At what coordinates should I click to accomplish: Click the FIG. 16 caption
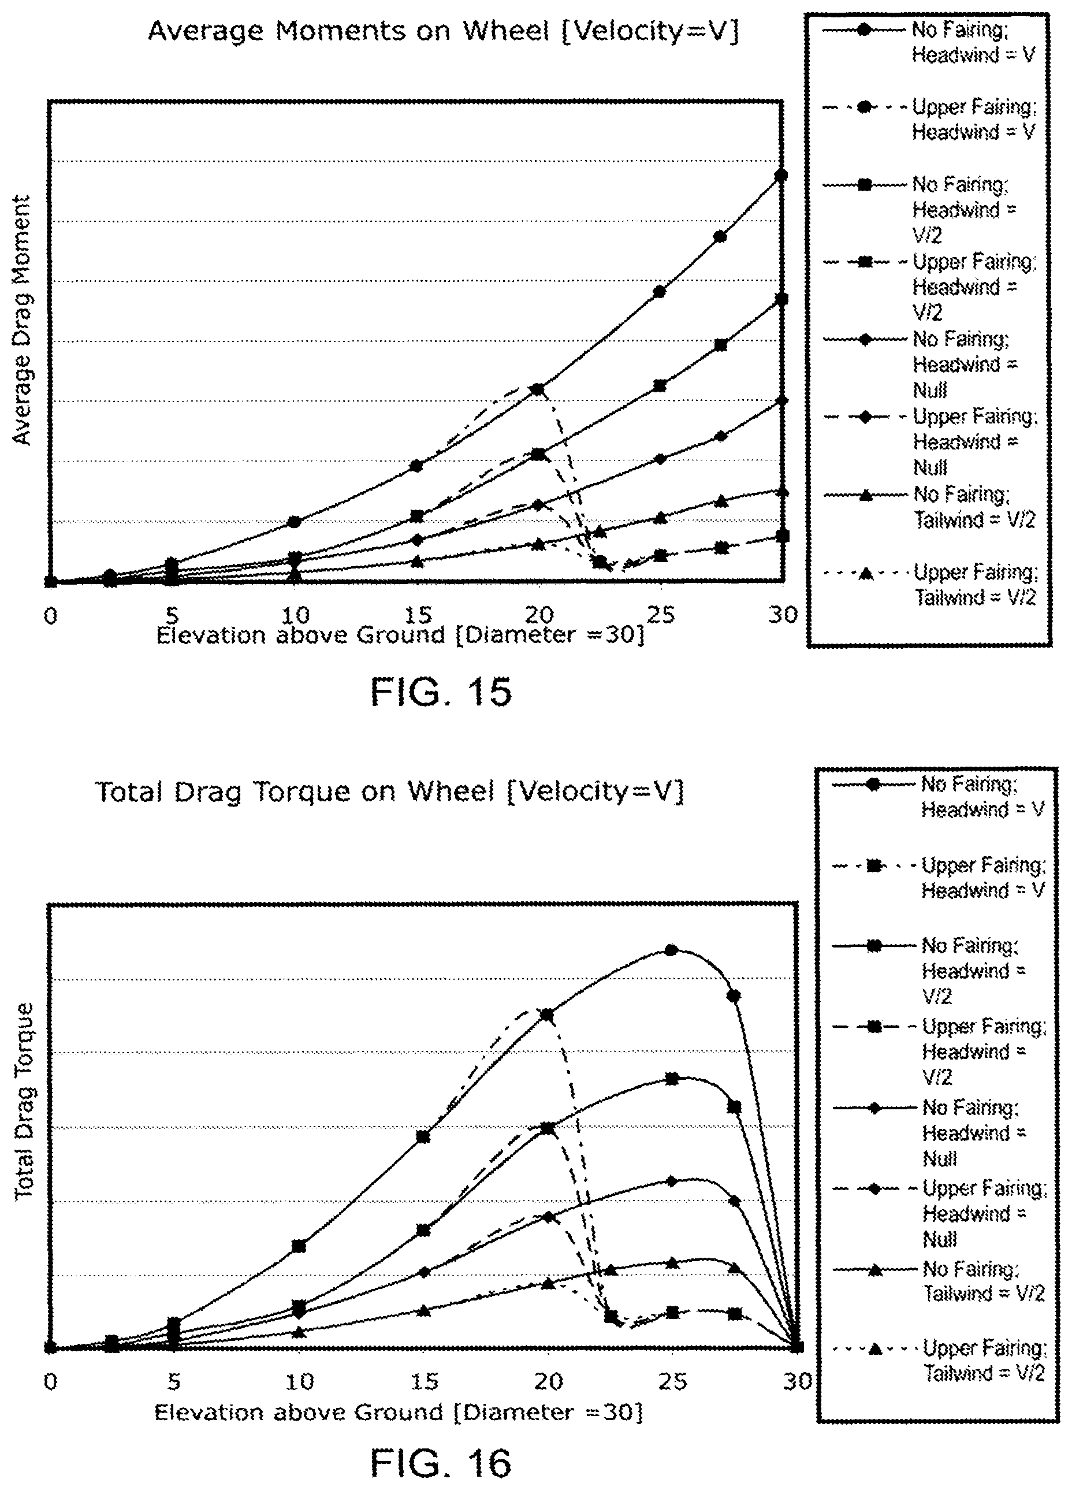pos(441,1462)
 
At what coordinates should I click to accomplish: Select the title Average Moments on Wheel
pos(349,31)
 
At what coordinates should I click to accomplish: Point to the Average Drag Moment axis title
pos(22,320)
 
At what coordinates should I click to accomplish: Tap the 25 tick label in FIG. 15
pos(660,614)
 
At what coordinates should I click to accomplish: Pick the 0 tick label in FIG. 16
pos(51,1381)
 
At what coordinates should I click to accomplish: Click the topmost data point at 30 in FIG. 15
pos(781,174)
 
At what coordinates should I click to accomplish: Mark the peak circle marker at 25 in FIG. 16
pos(671,950)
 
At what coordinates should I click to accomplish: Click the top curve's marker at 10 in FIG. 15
pos(294,522)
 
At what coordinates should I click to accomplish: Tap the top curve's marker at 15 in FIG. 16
pos(424,1136)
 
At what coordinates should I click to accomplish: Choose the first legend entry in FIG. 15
pos(928,42)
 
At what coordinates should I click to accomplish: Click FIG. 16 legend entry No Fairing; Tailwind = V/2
pos(938,1281)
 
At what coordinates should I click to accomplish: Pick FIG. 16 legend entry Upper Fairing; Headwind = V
pos(938,878)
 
